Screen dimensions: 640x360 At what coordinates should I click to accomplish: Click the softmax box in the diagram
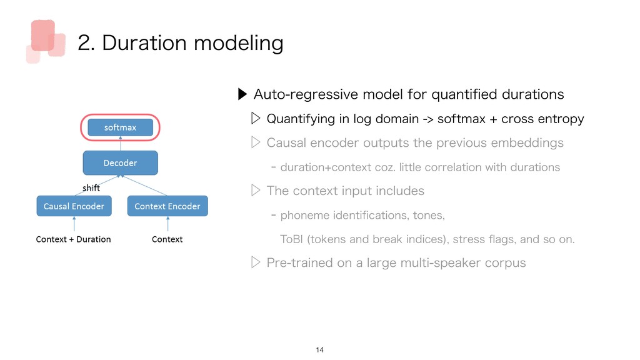click(x=121, y=127)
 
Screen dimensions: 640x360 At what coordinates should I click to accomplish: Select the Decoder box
click(x=121, y=163)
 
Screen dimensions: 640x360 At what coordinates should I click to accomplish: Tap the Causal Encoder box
click(x=74, y=206)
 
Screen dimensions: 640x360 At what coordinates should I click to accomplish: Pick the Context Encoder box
click(x=167, y=206)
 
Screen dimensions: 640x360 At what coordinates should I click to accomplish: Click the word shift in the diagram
click(x=91, y=187)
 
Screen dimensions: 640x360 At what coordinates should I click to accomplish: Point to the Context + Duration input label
click(x=74, y=239)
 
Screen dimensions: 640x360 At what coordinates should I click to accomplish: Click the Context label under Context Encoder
click(x=167, y=239)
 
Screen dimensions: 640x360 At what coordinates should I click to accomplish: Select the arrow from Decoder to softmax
click(x=121, y=143)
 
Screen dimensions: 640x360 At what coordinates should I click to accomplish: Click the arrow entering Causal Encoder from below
click(x=74, y=224)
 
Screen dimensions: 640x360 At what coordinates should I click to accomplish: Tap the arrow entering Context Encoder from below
click(x=167, y=224)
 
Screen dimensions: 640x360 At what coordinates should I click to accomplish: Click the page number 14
click(x=319, y=350)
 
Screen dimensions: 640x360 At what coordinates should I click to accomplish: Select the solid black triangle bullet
click(x=242, y=94)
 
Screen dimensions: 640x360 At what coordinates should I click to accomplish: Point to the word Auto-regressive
click(x=306, y=94)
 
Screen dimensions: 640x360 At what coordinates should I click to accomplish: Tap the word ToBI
click(x=291, y=239)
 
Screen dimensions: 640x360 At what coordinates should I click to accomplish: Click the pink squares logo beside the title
click(x=46, y=41)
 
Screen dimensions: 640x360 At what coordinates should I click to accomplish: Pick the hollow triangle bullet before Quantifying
click(x=256, y=118)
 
